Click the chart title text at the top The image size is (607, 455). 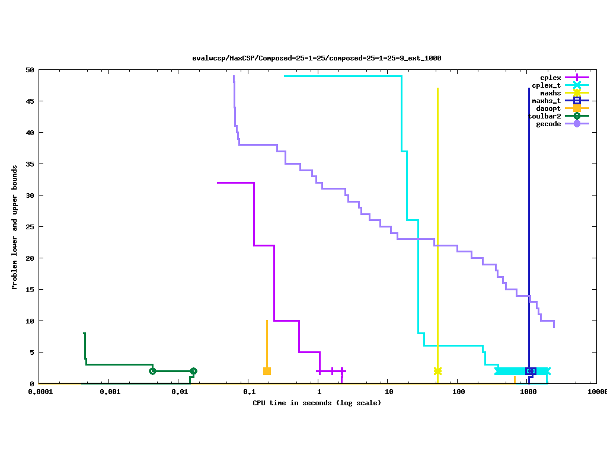317,58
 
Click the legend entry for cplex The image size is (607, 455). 550,78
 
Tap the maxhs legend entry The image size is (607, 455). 550,93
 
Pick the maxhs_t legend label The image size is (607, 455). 546,101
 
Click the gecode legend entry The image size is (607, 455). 548,124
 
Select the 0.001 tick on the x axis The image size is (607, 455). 110,392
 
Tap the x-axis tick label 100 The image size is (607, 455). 458,392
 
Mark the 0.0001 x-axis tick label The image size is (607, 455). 40,392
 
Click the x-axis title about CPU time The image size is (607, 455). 317,403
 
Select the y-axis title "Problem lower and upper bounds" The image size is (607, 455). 15,227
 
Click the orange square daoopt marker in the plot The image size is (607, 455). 267,371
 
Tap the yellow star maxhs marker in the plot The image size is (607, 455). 437,371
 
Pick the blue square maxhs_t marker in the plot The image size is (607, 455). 531,371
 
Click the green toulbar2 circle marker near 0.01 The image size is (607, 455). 193,371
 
